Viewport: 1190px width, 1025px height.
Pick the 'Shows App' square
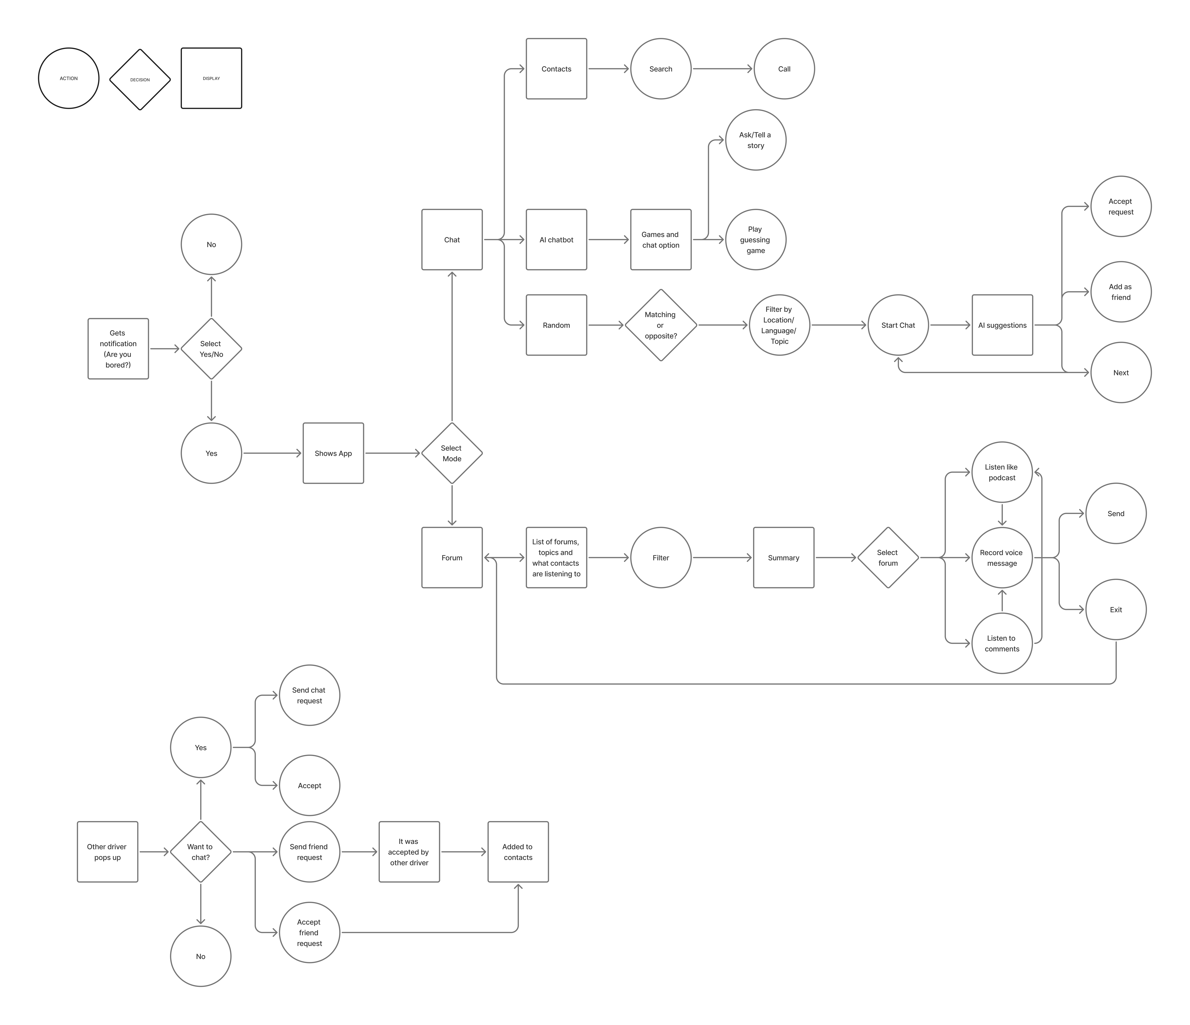tap(333, 453)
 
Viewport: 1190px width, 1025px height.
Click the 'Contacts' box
tap(556, 69)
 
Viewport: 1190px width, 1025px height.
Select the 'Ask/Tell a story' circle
tap(755, 140)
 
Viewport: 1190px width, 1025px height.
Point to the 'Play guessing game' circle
tap(755, 240)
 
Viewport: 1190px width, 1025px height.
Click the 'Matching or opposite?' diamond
tap(661, 325)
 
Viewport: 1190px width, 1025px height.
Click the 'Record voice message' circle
tap(1002, 558)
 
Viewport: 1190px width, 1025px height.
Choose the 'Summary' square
tap(783, 558)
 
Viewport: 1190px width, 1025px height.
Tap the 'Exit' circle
tap(1115, 610)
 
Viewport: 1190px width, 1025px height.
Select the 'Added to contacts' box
tap(517, 852)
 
